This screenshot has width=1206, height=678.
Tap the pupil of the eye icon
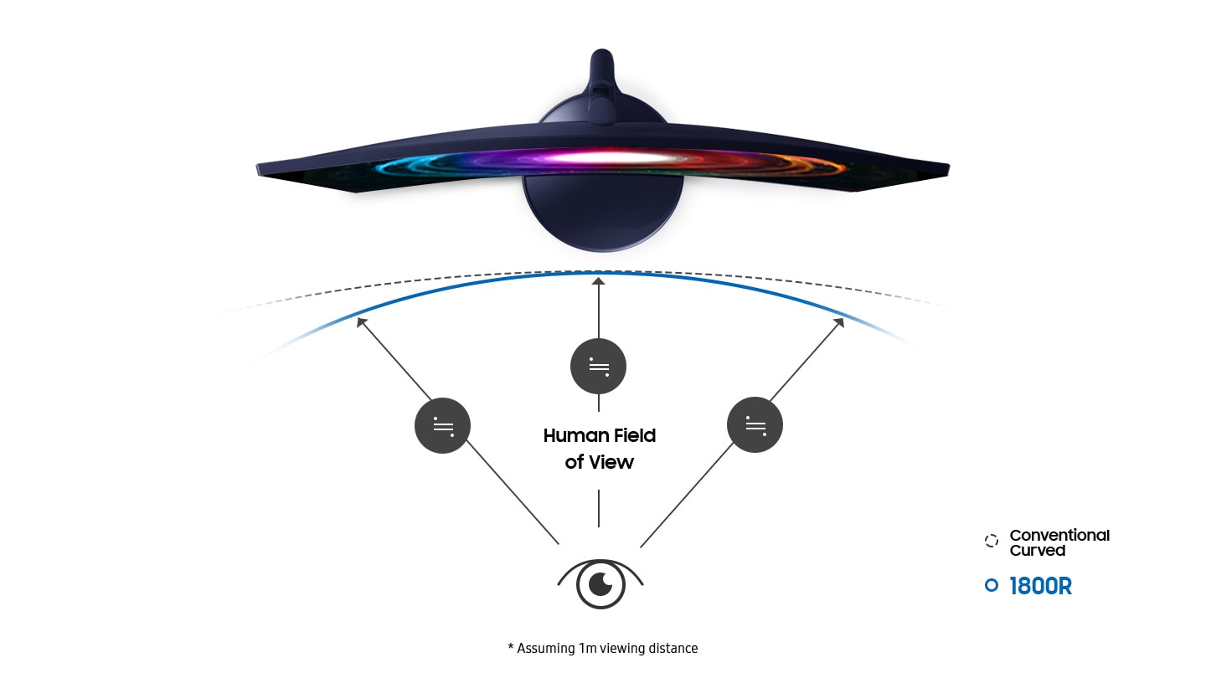pos(600,583)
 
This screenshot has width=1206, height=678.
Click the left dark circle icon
pos(442,426)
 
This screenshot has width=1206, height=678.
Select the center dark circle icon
pos(598,367)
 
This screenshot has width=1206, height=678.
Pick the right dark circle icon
pos(755,425)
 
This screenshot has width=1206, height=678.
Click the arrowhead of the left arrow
pos(361,321)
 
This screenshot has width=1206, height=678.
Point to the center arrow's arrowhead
pos(598,282)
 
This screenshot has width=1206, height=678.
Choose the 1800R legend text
pos(1040,586)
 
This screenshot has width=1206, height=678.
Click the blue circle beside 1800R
pos(992,586)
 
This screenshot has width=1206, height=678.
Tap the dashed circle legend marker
pos(992,541)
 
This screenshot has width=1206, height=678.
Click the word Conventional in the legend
pos(1059,535)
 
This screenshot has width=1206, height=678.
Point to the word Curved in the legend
pos(1038,551)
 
